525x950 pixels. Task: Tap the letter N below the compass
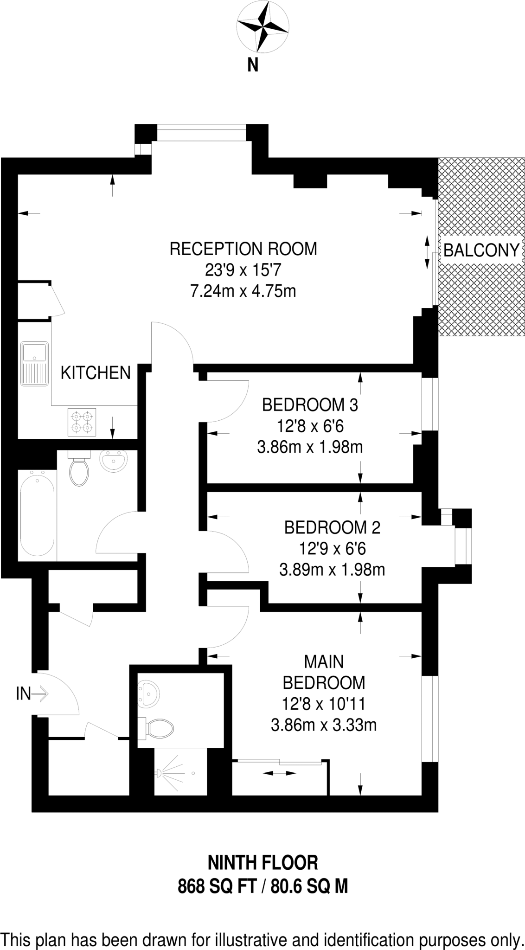click(253, 65)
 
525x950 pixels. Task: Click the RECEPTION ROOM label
click(243, 249)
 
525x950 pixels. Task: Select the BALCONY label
click(481, 250)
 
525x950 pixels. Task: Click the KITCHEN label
click(96, 373)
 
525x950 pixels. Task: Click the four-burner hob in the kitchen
click(82, 422)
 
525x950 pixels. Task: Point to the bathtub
click(37, 513)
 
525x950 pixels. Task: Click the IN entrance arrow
click(32, 694)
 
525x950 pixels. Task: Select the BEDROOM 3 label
click(310, 405)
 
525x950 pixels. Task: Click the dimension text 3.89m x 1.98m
click(332, 570)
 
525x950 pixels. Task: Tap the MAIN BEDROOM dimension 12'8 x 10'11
click(324, 704)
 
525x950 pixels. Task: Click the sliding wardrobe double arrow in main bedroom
click(279, 773)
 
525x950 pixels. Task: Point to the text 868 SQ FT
click(217, 887)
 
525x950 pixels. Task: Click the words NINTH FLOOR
click(263, 863)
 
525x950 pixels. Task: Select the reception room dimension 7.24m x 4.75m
click(243, 291)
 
